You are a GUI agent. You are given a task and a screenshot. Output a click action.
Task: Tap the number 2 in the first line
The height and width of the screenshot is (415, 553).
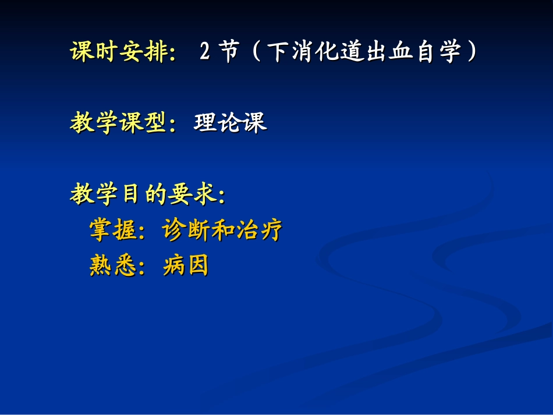204,52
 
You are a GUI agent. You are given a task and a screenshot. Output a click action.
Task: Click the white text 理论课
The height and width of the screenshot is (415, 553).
230,123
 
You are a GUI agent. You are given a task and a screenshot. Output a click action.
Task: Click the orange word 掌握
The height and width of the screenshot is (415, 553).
113,230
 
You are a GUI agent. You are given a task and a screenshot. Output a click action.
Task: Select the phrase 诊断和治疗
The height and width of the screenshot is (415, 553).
223,230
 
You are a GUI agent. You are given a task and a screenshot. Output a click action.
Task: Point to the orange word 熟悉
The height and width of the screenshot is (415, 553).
113,266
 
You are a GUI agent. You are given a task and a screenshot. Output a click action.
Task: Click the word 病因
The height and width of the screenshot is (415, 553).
186,266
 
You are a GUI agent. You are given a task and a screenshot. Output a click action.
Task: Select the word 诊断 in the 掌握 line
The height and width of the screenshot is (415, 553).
186,230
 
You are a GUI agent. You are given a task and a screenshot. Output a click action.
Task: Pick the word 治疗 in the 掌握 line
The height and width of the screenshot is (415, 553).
260,230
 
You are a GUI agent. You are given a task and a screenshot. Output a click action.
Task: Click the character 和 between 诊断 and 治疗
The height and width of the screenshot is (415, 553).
223,230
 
